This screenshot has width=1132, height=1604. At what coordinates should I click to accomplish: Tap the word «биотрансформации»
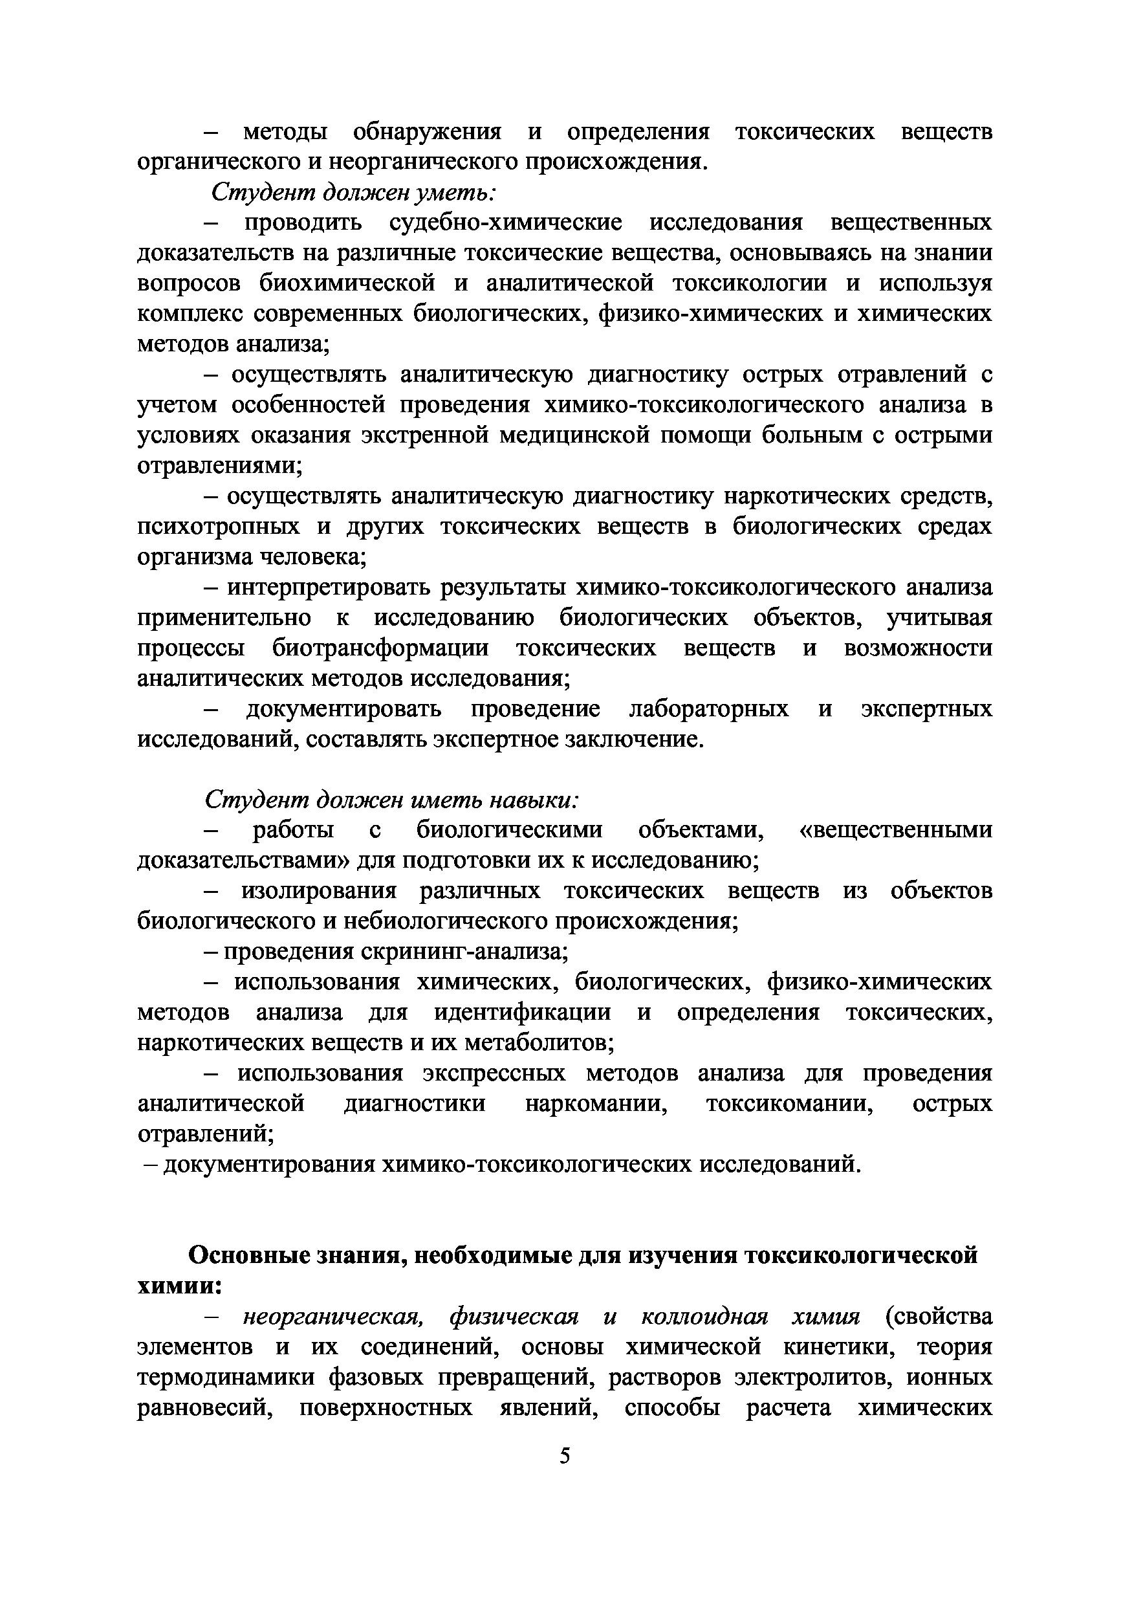click(380, 648)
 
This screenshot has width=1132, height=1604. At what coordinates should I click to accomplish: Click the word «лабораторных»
click(709, 709)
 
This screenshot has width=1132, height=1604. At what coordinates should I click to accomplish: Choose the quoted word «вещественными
click(895, 830)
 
